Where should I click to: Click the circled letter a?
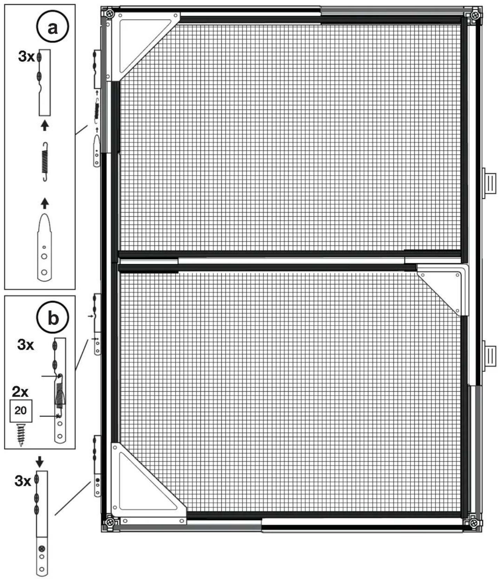point(52,27)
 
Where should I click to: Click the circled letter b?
point(53,318)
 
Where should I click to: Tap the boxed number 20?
point(21,411)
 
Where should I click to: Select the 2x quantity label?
point(20,392)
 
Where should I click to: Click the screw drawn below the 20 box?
point(21,435)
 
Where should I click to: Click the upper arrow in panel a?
point(45,125)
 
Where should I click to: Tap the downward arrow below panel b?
point(40,462)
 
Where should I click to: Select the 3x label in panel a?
point(26,56)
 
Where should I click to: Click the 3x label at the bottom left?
point(23,481)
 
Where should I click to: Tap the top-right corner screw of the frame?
point(474,15)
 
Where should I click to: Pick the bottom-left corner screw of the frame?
point(110,522)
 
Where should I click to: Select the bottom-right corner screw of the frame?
point(474,523)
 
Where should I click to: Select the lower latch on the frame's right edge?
point(489,356)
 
